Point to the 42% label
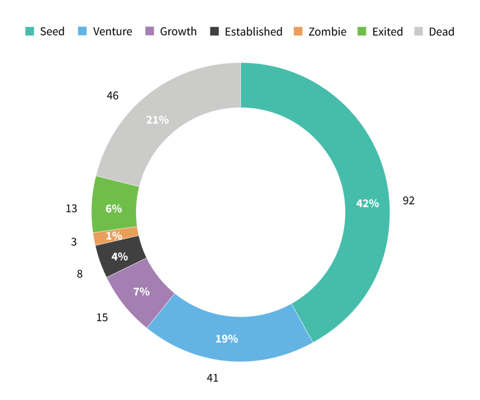click(367, 204)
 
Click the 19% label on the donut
click(226, 339)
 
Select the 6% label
click(113, 209)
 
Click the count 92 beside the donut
click(409, 201)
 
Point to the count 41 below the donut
click(212, 377)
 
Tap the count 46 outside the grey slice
click(112, 96)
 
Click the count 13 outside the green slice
click(71, 209)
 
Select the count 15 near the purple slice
click(102, 317)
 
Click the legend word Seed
click(52, 32)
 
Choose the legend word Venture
click(112, 32)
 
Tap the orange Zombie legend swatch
click(299, 32)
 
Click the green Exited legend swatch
click(362, 32)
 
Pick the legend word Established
click(253, 32)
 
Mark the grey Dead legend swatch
click(419, 32)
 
